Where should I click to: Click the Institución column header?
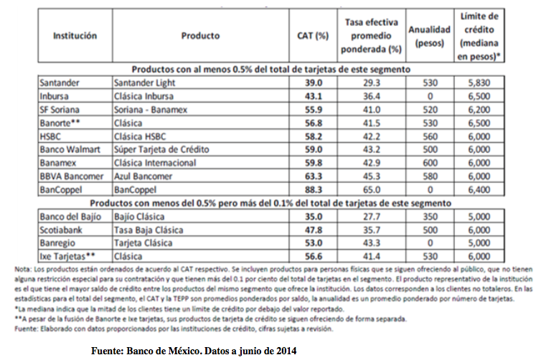tap(75, 36)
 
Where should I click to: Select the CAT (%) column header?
tap(313, 36)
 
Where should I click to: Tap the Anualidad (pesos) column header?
tap(429, 36)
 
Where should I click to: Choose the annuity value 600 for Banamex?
tap(429, 165)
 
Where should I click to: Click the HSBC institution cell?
tap(52, 137)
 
